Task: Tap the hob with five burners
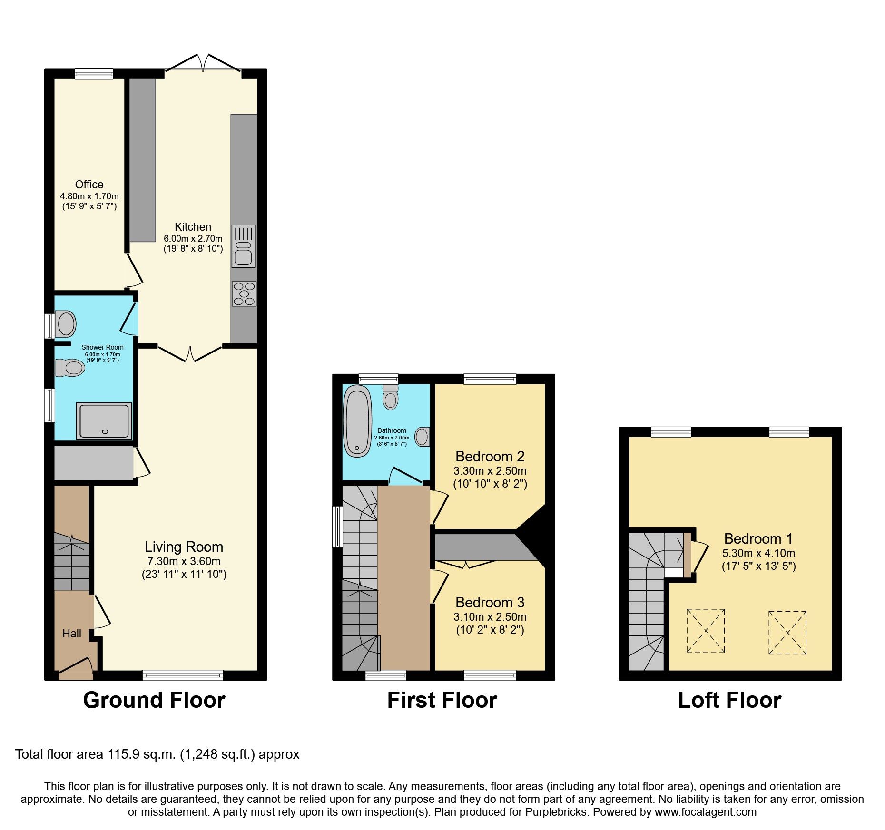(244, 294)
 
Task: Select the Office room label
(89, 185)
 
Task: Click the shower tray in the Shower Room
(104, 421)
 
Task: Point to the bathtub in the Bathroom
(357, 421)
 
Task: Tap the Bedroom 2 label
(490, 457)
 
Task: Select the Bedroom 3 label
(490, 603)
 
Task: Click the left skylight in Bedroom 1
(705, 631)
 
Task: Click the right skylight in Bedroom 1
(787, 633)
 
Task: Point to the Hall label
(72, 634)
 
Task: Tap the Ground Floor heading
(154, 701)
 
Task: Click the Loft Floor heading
(729, 701)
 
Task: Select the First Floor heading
(442, 701)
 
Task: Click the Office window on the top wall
(94, 74)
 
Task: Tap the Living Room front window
(183, 675)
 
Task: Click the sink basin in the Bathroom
(422, 437)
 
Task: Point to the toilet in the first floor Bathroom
(390, 398)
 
